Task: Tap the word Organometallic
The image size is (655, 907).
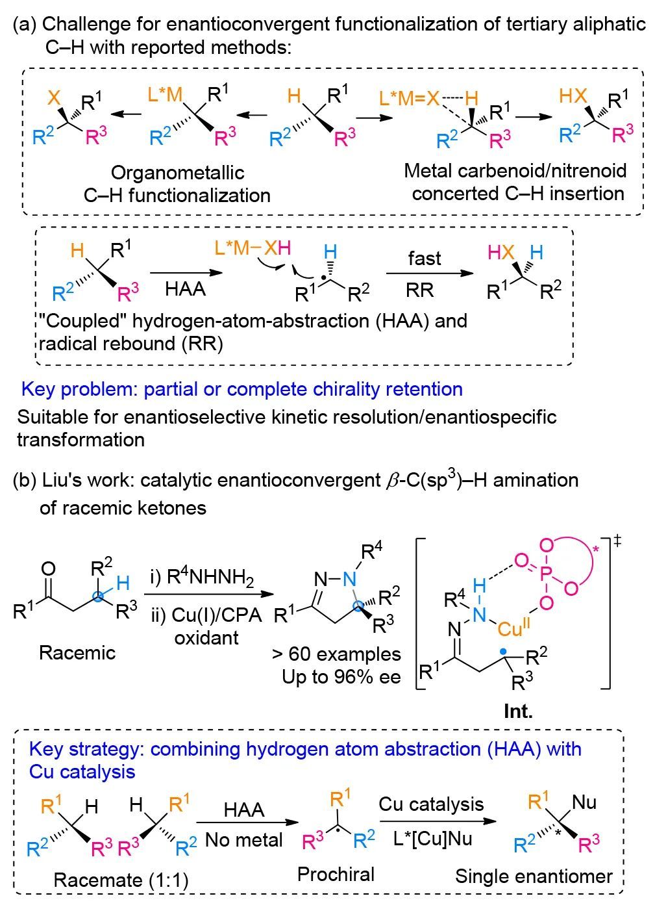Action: coord(177,172)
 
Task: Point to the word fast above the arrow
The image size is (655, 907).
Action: coord(425,258)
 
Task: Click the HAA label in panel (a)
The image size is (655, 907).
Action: coord(185,288)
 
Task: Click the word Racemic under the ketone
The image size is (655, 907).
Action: coord(77,652)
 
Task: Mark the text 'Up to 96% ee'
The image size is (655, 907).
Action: coord(341,676)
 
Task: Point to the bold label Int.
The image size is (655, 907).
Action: coord(518,711)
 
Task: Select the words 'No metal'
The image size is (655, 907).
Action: coord(243,840)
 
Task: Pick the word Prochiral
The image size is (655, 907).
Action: coord(336,875)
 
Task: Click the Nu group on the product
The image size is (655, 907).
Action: coord(584,802)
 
